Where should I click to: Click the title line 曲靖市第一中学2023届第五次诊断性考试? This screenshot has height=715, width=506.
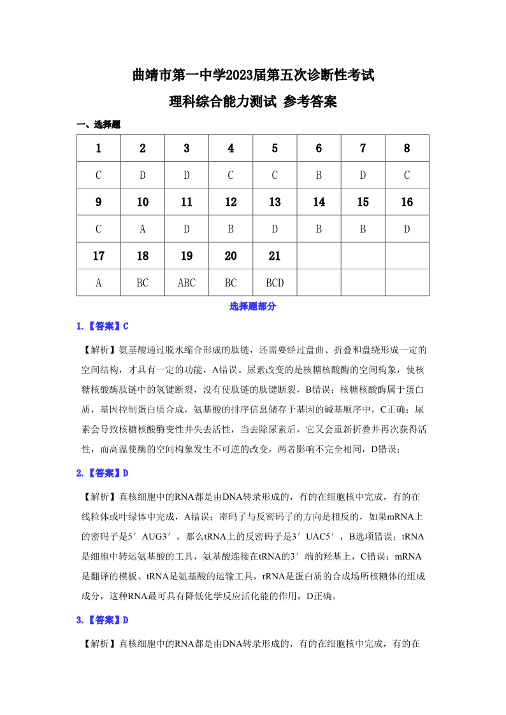[x=253, y=76]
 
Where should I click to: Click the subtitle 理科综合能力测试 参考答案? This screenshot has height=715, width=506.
[x=253, y=101]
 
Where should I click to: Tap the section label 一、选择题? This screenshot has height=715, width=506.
[x=98, y=125]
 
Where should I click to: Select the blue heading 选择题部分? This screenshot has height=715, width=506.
[x=253, y=306]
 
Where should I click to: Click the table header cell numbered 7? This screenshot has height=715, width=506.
[x=363, y=148]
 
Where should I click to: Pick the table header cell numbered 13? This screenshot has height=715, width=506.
[x=275, y=202]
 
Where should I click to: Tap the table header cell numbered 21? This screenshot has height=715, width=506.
[x=275, y=256]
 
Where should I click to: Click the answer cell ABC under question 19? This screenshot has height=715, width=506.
[x=187, y=283]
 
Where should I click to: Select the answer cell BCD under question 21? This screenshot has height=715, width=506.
[x=275, y=283]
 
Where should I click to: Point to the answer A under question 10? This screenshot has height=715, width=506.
[x=143, y=229]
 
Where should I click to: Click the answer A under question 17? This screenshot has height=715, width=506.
[x=99, y=283]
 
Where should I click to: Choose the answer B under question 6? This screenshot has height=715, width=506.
[x=319, y=175]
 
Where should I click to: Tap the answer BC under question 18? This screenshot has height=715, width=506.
[x=143, y=283]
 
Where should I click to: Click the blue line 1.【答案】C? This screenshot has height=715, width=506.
[x=103, y=327]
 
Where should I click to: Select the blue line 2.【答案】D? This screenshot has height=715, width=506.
[x=103, y=473]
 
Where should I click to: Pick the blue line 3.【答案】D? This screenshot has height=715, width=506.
[x=103, y=619]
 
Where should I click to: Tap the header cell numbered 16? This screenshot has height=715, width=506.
[x=407, y=202]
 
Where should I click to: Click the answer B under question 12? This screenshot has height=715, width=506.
[x=231, y=229]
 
